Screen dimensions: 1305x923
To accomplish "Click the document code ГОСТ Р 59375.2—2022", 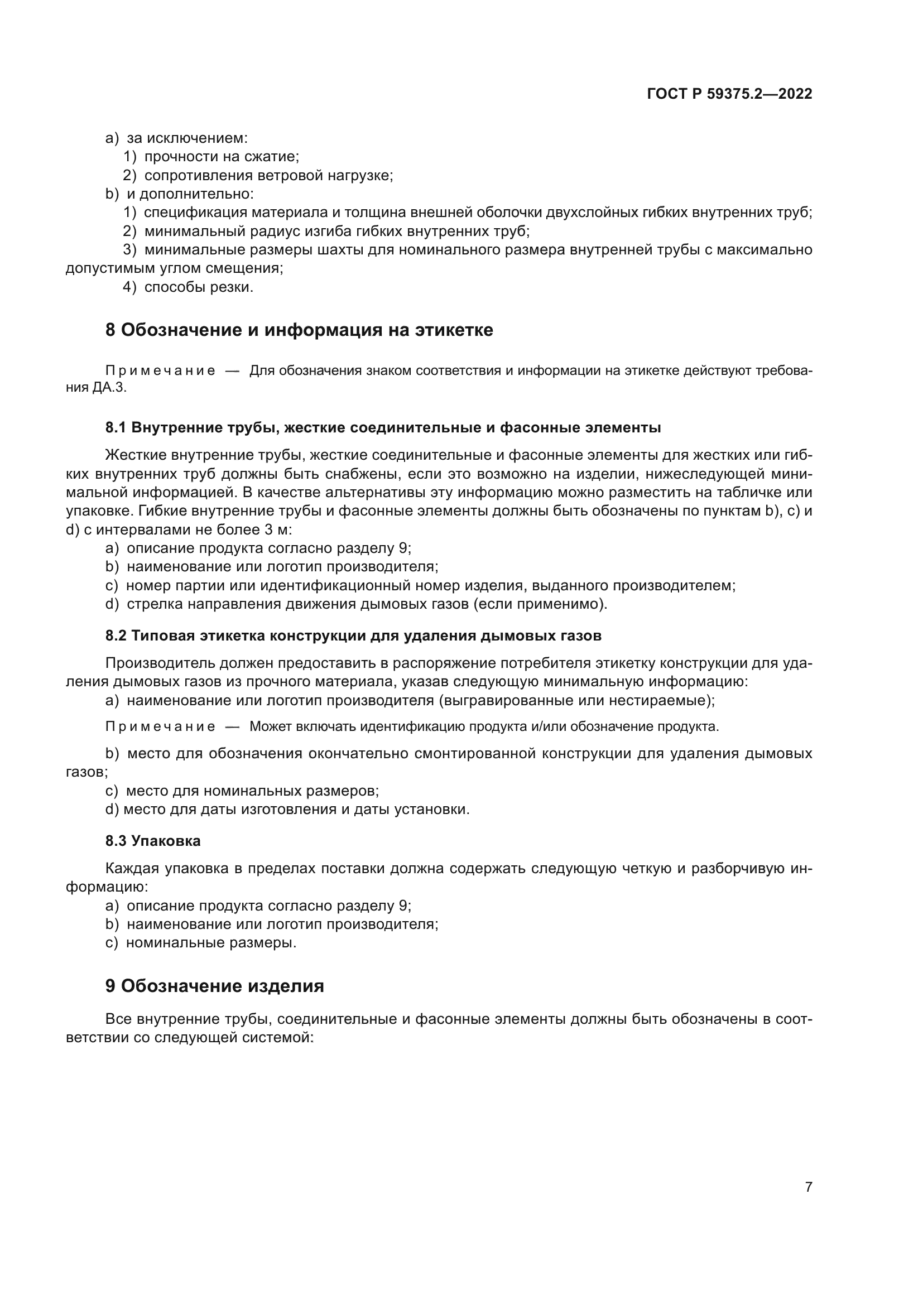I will tap(729, 94).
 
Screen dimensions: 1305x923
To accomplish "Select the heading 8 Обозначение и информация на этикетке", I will tap(299, 330).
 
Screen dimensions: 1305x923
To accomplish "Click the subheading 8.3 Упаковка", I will tap(153, 841).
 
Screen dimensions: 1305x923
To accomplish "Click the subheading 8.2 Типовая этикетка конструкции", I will tap(353, 635).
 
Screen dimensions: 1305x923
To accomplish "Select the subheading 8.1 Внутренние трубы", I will tap(382, 427).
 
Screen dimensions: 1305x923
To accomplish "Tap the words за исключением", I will tap(187, 138).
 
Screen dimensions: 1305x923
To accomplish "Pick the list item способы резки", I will tap(198, 287).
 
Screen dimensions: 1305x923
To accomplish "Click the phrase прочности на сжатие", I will tap(221, 157).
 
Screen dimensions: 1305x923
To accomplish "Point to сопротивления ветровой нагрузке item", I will tap(268, 175).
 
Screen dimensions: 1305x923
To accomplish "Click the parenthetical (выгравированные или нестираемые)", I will tap(576, 701).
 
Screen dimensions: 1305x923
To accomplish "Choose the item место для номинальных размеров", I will tap(252, 791).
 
